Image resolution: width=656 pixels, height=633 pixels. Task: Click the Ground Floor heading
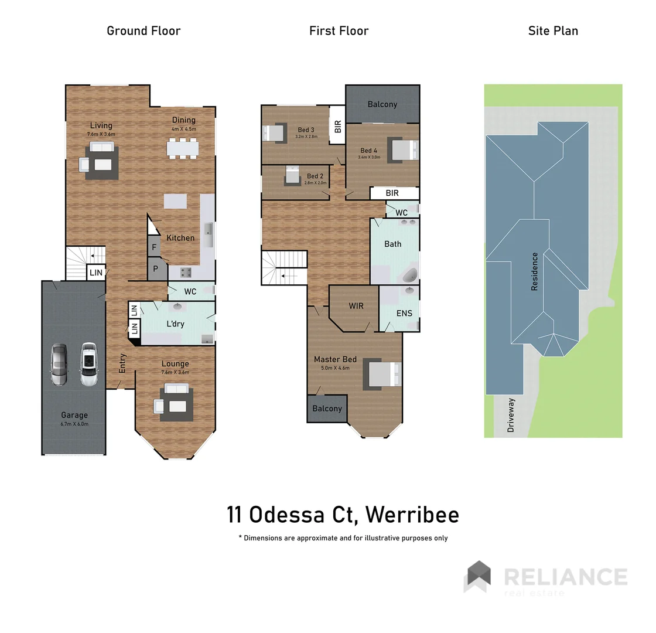point(143,31)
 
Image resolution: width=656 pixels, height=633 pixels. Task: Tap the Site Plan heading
point(553,31)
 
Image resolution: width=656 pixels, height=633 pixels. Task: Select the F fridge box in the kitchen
point(154,247)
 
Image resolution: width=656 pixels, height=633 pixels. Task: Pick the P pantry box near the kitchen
point(156,269)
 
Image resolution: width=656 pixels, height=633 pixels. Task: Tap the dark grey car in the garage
point(60,365)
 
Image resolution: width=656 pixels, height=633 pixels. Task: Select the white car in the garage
point(88,365)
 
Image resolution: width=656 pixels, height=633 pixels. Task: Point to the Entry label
point(122,363)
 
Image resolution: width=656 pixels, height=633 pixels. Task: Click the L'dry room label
point(175,324)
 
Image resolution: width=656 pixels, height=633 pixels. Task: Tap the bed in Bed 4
point(403,150)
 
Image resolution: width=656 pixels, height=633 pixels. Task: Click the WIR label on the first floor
point(356,306)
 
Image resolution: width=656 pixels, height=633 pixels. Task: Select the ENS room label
point(404,313)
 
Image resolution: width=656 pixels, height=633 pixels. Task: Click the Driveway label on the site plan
point(511,415)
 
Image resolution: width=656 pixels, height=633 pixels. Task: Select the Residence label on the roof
point(534,271)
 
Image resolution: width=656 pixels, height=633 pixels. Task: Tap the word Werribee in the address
point(411,515)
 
